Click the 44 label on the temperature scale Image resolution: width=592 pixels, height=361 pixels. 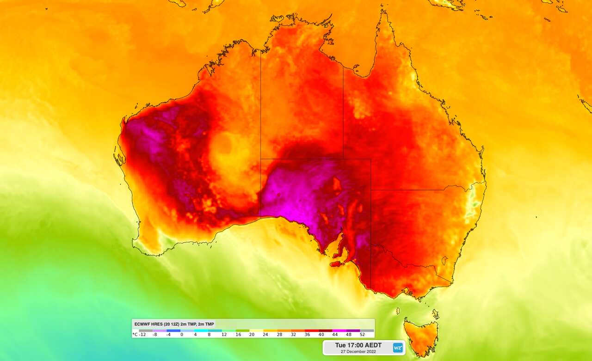[335, 334]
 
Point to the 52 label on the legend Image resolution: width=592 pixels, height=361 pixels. [363, 334]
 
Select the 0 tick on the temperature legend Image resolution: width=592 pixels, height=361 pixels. [182, 334]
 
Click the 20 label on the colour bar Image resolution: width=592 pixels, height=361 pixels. [252, 334]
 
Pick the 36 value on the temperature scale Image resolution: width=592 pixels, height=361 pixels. [308, 334]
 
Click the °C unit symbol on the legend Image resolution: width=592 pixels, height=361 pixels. [135, 334]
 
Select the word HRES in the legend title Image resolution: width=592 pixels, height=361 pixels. [157, 324]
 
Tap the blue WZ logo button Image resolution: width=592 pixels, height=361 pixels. [397, 348]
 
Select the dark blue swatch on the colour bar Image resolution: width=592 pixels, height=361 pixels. [173, 330]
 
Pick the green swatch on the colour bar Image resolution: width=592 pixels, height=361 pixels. [243, 330]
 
